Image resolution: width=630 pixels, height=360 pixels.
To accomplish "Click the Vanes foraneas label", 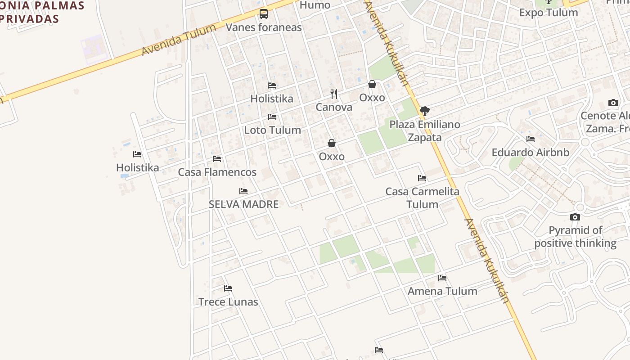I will tap(263, 27).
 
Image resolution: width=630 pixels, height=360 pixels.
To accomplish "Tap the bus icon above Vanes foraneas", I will tap(264, 14).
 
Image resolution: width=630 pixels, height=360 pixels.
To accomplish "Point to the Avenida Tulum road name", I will tap(179, 40).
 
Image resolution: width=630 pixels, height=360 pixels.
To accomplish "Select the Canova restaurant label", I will tap(333, 108).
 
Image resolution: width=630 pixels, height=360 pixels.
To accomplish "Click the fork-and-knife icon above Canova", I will tap(334, 94).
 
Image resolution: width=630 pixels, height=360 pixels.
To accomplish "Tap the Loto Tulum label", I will tap(272, 130).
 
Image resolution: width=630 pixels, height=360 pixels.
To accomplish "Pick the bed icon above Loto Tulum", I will tap(272, 117).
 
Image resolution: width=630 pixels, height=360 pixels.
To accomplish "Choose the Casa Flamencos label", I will tap(217, 172).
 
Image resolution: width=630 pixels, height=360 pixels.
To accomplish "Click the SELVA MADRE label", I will tap(243, 204).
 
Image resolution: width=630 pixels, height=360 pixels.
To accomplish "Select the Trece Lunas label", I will tap(228, 302).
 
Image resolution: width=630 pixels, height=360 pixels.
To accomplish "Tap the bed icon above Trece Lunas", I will tap(228, 288).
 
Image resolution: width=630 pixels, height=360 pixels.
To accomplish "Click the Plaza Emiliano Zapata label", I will tap(425, 131).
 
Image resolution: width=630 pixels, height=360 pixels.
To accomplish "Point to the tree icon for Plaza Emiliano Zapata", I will tap(424, 111).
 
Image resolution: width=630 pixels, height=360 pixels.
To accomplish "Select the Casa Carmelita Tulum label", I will tap(422, 198).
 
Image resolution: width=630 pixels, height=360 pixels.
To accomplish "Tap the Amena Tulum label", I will tap(442, 292).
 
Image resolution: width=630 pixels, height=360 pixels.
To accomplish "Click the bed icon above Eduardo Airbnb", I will tap(531, 139).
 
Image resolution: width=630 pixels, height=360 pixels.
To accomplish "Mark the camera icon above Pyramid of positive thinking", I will tap(575, 217).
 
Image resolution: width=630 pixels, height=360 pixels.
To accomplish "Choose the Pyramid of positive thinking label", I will tap(575, 237).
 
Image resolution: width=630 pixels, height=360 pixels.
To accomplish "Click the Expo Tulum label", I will tap(549, 13).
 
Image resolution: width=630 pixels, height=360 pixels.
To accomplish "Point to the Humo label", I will tap(315, 5).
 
